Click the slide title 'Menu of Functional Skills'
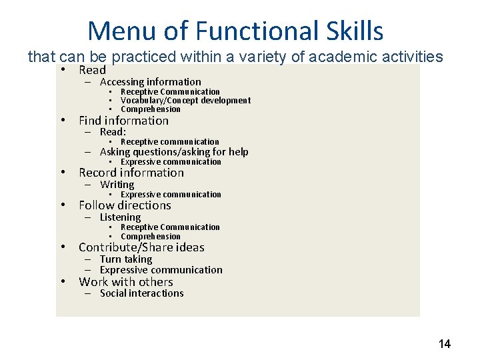pyautogui.click(x=235, y=31)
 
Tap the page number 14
pyautogui.click(x=444, y=344)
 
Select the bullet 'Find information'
pyautogui.click(x=123, y=121)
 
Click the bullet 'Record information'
pyautogui.click(x=131, y=173)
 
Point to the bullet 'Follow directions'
pyautogui.click(x=125, y=205)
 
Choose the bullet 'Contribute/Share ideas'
pyautogui.click(x=141, y=247)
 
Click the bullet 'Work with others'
pyautogui.click(x=125, y=282)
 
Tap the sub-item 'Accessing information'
pyautogui.click(x=150, y=82)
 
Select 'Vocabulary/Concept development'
pyautogui.click(x=185, y=101)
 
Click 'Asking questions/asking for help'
pyautogui.click(x=173, y=152)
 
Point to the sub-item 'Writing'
pyautogui.click(x=117, y=185)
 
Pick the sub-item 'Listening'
pyautogui.click(x=120, y=217)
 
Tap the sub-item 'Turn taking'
pyautogui.click(x=125, y=259)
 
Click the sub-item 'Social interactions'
pyautogui.click(x=141, y=293)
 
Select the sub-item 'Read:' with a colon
pyautogui.click(x=113, y=132)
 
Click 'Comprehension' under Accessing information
pyautogui.click(x=150, y=109)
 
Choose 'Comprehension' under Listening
pyautogui.click(x=150, y=237)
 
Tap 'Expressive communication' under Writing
pyautogui.click(x=170, y=195)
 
